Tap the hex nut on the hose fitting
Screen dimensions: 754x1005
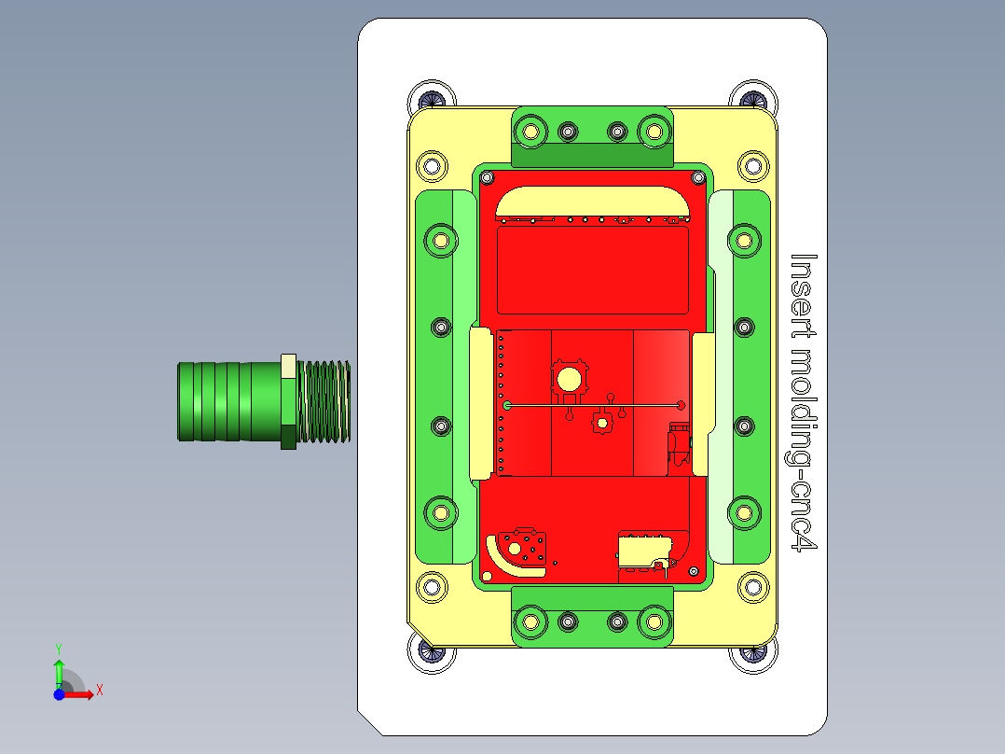[x=289, y=401]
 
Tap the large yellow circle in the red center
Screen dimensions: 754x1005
[x=568, y=378]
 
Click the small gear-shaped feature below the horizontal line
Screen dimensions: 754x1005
[x=601, y=423]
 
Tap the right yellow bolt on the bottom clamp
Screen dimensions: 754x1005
[x=654, y=621]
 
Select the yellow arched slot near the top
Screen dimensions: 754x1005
[x=594, y=201]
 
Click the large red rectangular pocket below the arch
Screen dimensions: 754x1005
[x=594, y=271]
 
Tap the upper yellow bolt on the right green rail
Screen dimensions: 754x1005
[x=744, y=240]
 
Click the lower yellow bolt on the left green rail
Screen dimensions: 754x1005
[x=441, y=510]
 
